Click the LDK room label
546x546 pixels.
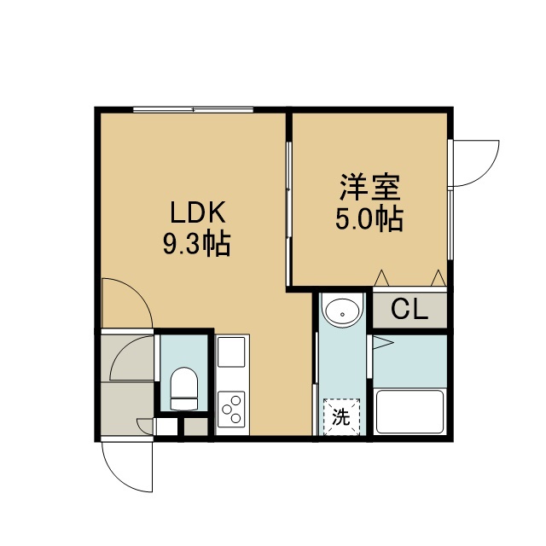click(198, 212)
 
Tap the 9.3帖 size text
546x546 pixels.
click(197, 244)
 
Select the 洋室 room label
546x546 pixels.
click(369, 188)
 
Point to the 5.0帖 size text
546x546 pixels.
click(369, 219)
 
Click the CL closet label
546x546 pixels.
click(409, 309)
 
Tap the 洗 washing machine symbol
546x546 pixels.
click(341, 417)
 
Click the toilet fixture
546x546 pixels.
click(184, 389)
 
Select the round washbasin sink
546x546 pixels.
click(343, 313)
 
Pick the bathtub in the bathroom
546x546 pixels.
click(409, 411)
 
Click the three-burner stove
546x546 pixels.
click(231, 409)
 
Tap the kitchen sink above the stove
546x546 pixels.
click(231, 351)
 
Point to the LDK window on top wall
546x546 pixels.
click(194, 110)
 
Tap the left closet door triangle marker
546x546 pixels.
click(381, 278)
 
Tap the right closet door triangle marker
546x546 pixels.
click(439, 278)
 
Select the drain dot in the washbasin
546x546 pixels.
click(343, 314)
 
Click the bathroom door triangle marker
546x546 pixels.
click(383, 343)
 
